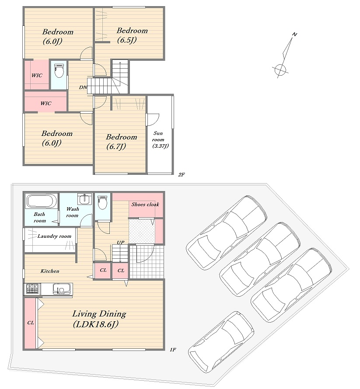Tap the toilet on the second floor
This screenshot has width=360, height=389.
pyautogui.click(x=59, y=70)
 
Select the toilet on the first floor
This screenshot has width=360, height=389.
pyautogui.click(x=102, y=202)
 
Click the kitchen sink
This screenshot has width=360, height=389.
pyautogui.click(x=59, y=289)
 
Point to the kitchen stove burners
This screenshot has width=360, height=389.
pyautogui.click(x=32, y=289)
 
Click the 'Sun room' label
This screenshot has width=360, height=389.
pyautogui.click(x=158, y=136)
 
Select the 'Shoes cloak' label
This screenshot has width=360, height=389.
pyautogui.click(x=145, y=205)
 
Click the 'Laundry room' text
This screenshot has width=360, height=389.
pyautogui.click(x=54, y=236)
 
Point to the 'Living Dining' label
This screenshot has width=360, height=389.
pyautogui.click(x=99, y=314)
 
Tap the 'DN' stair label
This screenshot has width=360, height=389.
pyautogui.click(x=83, y=87)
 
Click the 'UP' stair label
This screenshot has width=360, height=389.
pyautogui.click(x=120, y=243)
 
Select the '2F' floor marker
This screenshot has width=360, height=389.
pyautogui.click(x=182, y=174)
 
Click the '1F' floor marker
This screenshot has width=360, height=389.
pyautogui.click(x=173, y=350)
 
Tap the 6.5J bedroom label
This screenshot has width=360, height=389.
pyautogui.click(x=132, y=35)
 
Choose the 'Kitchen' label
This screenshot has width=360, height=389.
pyautogui.click(x=50, y=271)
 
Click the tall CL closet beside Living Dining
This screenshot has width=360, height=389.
pyautogui.click(x=31, y=323)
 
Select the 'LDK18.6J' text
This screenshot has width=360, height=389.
pyautogui.click(x=96, y=324)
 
